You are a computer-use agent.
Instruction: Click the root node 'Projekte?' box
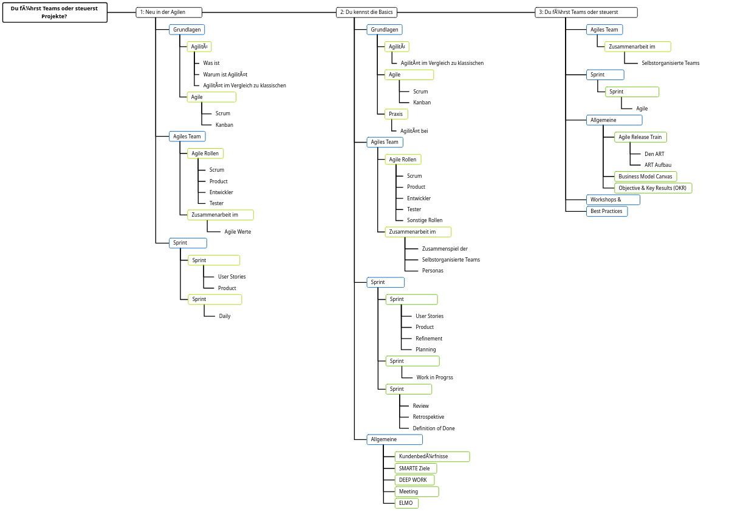pyautogui.click(x=55, y=12)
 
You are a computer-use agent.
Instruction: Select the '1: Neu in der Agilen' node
pyautogui.click(x=169, y=12)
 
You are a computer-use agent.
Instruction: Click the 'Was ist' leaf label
pyautogui.click(x=211, y=63)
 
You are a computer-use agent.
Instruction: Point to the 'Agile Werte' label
pyautogui.click(x=238, y=232)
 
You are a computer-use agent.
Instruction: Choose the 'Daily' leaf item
pyautogui.click(x=225, y=316)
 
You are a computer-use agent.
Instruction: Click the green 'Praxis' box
pyautogui.click(x=396, y=114)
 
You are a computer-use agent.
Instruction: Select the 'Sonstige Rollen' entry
pyautogui.click(x=425, y=220)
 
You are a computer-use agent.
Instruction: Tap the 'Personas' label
pyautogui.click(x=433, y=271)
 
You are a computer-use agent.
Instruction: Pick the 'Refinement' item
pyautogui.click(x=429, y=339)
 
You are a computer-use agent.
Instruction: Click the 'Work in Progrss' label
pyautogui.click(x=434, y=377)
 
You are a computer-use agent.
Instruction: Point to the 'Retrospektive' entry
pyautogui.click(x=428, y=417)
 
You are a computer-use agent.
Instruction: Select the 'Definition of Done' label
pyautogui.click(x=434, y=428)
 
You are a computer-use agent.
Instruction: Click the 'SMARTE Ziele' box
pyautogui.click(x=416, y=469)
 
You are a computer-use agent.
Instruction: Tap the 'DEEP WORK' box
pyautogui.click(x=414, y=480)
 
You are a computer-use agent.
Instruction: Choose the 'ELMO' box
pyautogui.click(x=406, y=503)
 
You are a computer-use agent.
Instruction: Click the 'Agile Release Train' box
pyautogui.click(x=640, y=137)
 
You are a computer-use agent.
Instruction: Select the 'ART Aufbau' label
pyautogui.click(x=658, y=165)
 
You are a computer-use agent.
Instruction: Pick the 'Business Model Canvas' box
pyautogui.click(x=645, y=177)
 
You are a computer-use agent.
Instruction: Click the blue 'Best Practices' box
pyautogui.click(x=607, y=211)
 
